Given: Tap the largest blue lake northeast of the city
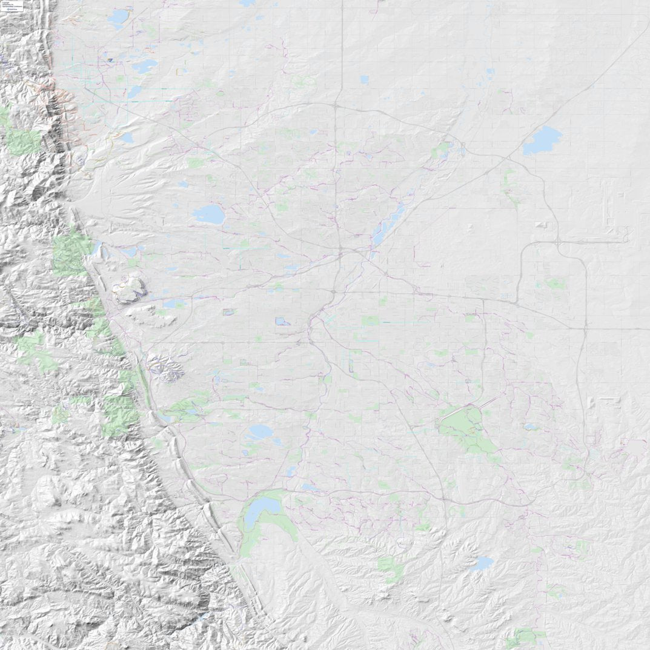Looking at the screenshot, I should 542,141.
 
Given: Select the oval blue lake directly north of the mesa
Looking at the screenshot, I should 208,214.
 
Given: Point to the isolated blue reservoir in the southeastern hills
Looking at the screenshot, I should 482,564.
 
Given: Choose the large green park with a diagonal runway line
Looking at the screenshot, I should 463,428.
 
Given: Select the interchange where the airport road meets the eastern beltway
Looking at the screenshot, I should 557,243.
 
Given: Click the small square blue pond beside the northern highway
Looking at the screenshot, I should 364,79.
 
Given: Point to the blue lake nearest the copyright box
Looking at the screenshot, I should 119,18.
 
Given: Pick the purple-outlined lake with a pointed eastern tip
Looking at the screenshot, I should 282,321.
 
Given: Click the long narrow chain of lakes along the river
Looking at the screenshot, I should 388,222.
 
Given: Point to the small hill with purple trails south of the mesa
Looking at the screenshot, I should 165,367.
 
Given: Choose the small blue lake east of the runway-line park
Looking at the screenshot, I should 531,426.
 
